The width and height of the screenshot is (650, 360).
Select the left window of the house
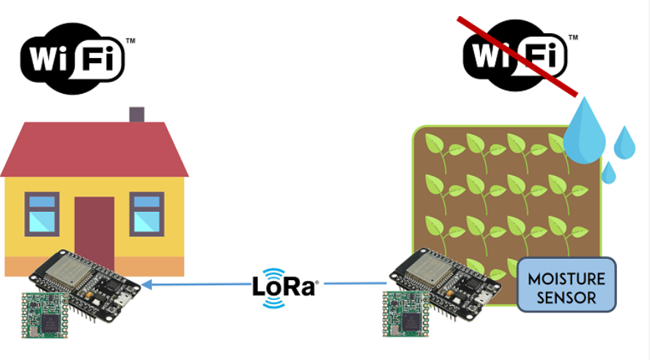(x=41, y=213)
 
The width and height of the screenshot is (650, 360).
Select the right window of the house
(x=147, y=213)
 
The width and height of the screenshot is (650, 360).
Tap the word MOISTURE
(x=566, y=279)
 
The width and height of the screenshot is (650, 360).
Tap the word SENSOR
(x=566, y=298)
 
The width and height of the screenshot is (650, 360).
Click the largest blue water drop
(x=584, y=133)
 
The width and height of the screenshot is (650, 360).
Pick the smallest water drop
(x=608, y=173)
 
